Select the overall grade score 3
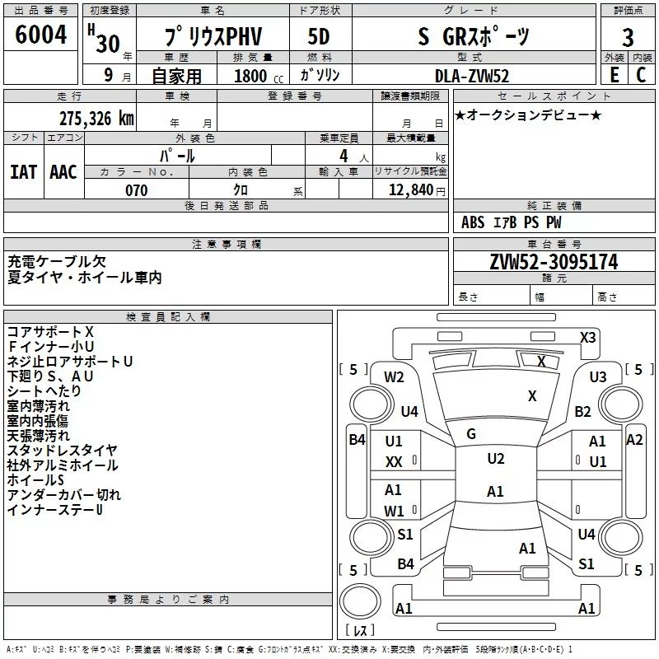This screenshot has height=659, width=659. coord(628,38)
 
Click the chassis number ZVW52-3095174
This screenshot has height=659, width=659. coord(554,262)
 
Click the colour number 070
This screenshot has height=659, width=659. coord(137,191)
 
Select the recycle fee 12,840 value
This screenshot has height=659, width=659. coord(417,191)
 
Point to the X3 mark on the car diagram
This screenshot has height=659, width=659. coord(588,337)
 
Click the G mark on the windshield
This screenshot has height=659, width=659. coord(471,434)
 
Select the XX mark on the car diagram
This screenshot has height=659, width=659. coord(394,463)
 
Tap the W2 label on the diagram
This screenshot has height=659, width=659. coord(394,377)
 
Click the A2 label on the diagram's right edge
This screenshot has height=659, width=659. coord(634,440)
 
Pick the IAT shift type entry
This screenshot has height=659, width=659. coord(24,171)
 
